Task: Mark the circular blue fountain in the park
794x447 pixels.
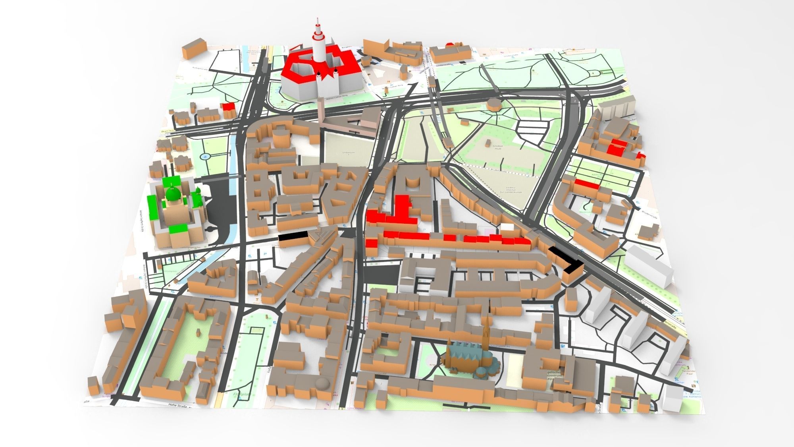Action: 205,156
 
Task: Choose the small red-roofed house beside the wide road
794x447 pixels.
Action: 228,106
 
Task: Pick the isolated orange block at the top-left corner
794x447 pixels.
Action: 194,48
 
